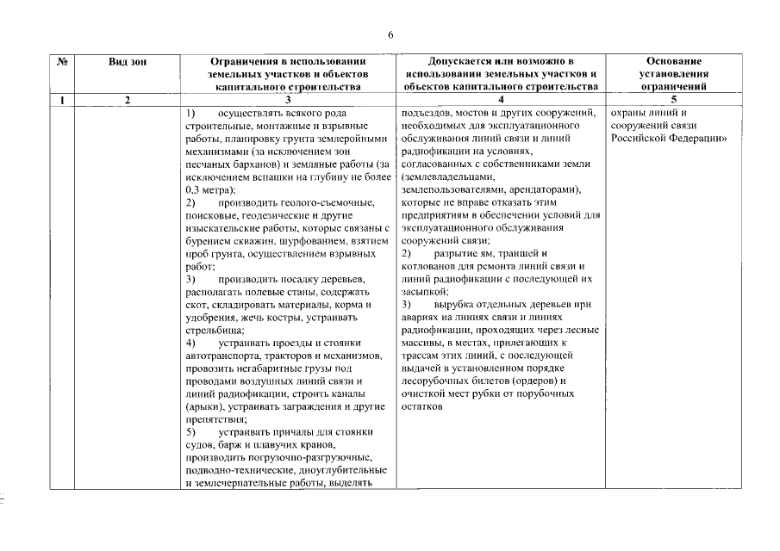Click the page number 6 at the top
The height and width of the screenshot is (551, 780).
(390, 34)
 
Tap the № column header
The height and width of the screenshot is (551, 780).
(62, 62)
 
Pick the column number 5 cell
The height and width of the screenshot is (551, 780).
(673, 100)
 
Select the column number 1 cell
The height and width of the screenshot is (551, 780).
(62, 100)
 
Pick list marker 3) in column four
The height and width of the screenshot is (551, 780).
(408, 305)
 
